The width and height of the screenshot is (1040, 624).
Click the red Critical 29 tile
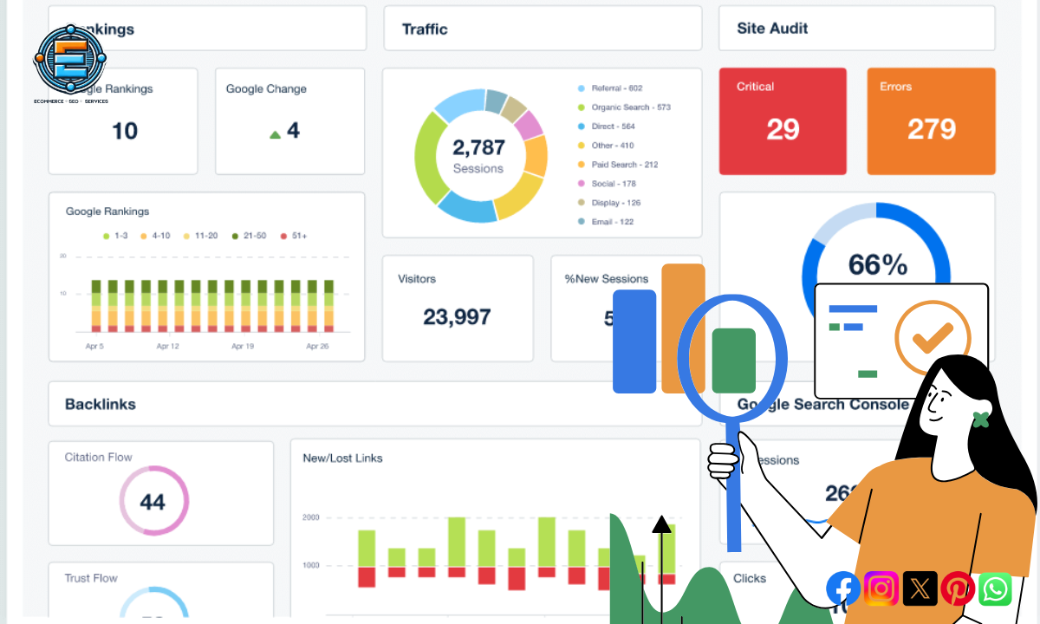782,121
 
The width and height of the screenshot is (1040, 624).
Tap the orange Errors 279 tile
931,121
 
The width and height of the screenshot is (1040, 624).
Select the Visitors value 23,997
457,317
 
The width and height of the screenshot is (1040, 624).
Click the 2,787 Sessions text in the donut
478,154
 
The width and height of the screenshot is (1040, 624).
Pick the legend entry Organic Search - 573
630,107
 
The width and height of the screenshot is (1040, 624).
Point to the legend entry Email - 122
612,222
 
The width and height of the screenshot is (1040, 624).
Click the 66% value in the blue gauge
877,264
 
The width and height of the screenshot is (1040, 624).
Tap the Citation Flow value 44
153,502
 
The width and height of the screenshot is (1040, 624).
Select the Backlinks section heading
101,404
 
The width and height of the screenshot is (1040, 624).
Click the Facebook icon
843,589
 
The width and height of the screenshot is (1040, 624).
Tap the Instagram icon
881,589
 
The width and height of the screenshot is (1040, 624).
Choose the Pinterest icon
958,589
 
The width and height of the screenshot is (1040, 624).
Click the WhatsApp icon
996,589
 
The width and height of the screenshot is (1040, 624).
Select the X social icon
920,589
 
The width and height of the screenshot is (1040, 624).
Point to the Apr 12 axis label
167,346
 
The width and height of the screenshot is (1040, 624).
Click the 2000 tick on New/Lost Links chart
310,517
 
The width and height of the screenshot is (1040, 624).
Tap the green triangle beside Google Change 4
276,134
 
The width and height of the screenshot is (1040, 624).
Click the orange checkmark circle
933,337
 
